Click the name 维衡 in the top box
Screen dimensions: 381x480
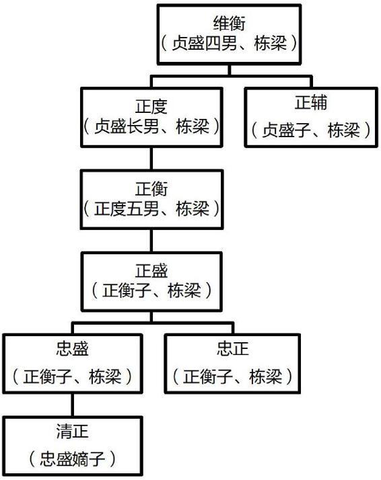coord(230,23)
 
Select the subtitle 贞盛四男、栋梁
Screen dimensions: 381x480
coord(230,43)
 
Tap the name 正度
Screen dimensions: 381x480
coord(151,106)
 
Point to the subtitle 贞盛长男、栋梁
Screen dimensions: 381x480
coord(151,126)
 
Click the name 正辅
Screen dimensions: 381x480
coord(311,103)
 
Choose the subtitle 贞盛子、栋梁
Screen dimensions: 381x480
coord(311,130)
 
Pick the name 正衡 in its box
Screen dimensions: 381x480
coord(151,188)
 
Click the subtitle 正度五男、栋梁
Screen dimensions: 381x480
coord(151,209)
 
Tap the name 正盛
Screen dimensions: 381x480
coord(151,271)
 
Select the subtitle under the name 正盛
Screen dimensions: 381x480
coord(151,290)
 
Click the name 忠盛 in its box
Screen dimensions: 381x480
coord(72,349)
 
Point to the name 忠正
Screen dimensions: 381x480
coord(232,349)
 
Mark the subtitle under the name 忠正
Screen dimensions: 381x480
coord(232,376)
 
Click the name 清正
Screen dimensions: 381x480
coord(72,432)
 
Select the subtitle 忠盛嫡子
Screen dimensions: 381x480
coord(72,458)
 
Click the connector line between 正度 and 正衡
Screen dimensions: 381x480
coord(151,159)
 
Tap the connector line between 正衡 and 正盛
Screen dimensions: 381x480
coord(151,241)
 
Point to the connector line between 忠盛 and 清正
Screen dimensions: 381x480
coord(72,405)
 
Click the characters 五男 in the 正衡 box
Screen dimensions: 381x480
coord(143,209)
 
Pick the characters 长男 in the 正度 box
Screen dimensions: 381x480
coord(143,126)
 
